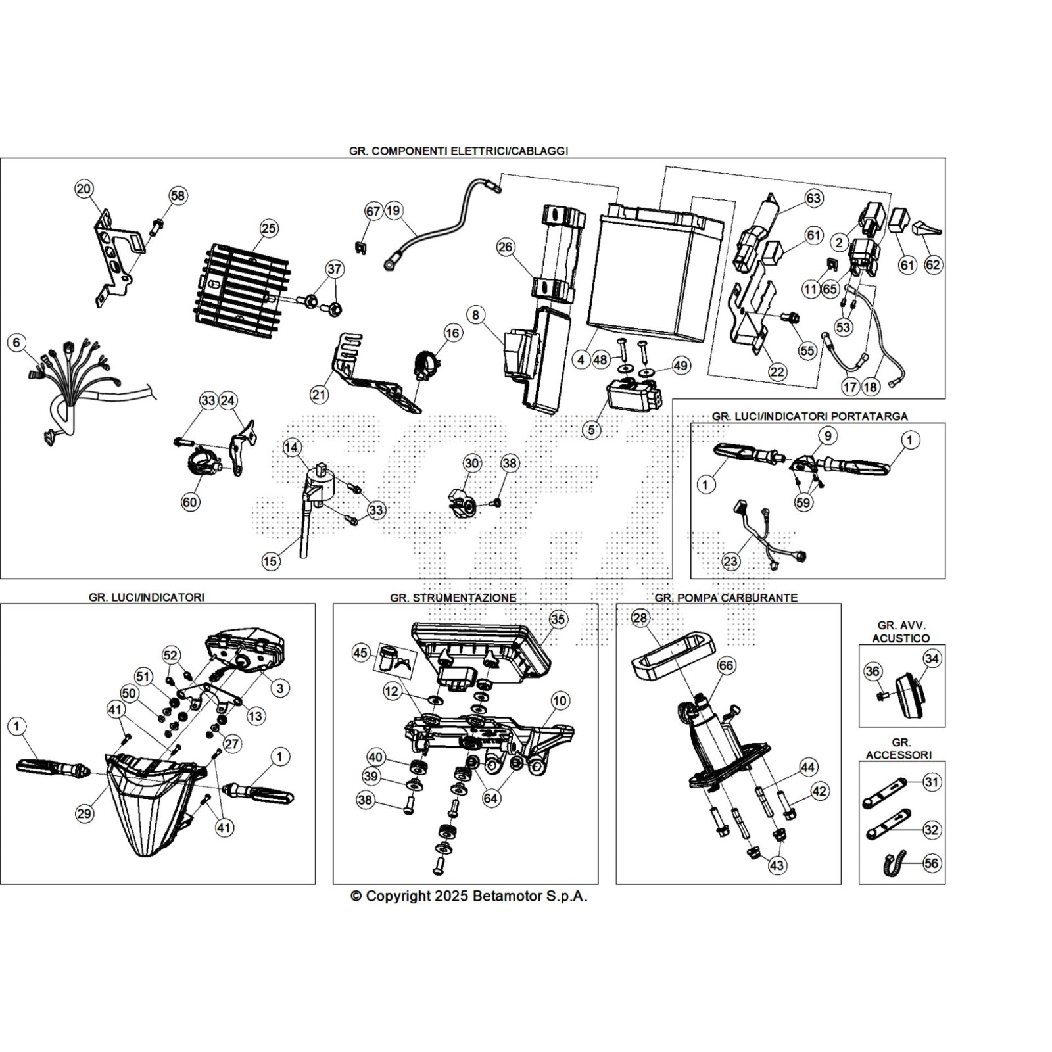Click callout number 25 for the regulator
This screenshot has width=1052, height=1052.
pyautogui.click(x=268, y=229)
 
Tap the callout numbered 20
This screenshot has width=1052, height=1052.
pyautogui.click(x=84, y=189)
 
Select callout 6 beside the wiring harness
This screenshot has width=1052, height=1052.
pyautogui.click(x=16, y=343)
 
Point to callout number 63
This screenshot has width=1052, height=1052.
pyautogui.click(x=813, y=198)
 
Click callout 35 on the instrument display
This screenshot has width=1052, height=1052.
pyautogui.click(x=558, y=619)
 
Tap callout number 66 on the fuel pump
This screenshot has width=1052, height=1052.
pyautogui.click(x=726, y=666)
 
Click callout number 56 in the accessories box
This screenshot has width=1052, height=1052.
pyautogui.click(x=931, y=863)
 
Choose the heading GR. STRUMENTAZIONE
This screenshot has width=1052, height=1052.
pyautogui.click(x=453, y=598)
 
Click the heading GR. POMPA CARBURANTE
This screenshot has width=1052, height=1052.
pyautogui.click(x=726, y=598)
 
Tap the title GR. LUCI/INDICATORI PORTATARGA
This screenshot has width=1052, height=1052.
pyautogui.click(x=809, y=416)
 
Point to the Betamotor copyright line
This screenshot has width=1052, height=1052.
pyautogui.click(x=469, y=896)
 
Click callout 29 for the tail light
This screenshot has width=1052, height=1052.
pyautogui.click(x=84, y=813)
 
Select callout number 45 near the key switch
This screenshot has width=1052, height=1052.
pyautogui.click(x=360, y=654)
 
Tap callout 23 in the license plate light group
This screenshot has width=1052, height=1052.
pyautogui.click(x=730, y=562)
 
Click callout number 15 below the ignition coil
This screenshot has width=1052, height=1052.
pyautogui.click(x=270, y=562)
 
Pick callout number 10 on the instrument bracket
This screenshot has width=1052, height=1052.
pyautogui.click(x=560, y=701)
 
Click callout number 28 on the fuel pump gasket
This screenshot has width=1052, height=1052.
pyautogui.click(x=640, y=618)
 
